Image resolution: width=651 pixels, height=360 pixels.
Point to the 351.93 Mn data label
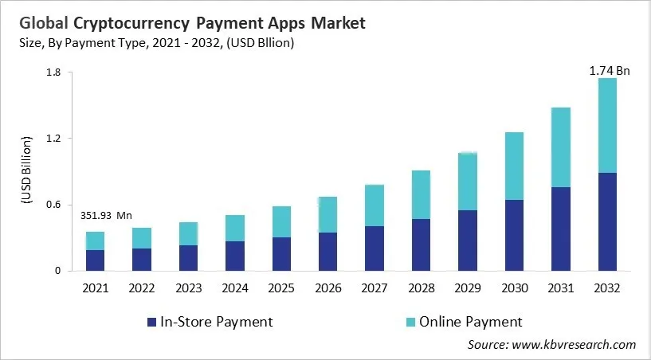[107, 215]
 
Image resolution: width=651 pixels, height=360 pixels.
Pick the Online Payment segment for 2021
[95, 241]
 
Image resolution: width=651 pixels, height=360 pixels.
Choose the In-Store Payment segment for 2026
[327, 251]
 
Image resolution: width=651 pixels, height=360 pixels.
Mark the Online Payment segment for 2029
[467, 182]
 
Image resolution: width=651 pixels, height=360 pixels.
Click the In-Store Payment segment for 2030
[513, 235]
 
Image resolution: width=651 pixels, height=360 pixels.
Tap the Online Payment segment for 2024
[234, 228]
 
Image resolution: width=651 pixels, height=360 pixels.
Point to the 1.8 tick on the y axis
[53, 72]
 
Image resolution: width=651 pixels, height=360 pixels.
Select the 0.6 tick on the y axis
[53, 205]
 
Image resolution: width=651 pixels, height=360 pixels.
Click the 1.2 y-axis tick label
[53, 139]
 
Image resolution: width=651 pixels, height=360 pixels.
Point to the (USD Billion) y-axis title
[25, 172]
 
